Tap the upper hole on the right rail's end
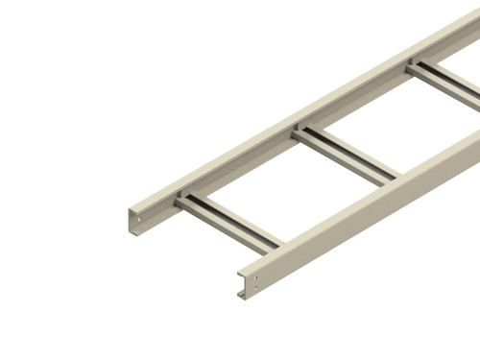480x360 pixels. click(255, 278)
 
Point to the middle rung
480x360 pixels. click(346, 154)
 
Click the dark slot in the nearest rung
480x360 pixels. click(230, 222)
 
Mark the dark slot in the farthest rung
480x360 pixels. click(445, 81)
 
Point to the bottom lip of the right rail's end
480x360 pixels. click(244, 294)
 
